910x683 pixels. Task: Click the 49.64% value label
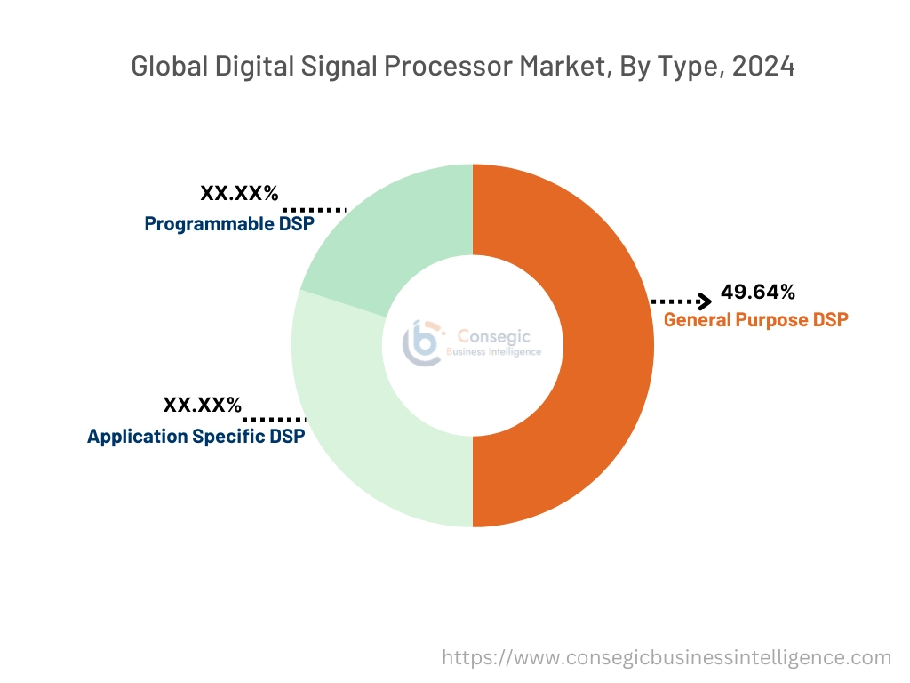click(758, 292)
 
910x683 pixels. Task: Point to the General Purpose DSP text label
click(755, 319)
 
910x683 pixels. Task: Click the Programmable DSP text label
click(229, 223)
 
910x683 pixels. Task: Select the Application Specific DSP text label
click(196, 437)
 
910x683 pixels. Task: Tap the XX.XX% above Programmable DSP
click(239, 193)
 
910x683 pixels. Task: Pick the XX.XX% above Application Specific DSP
click(202, 406)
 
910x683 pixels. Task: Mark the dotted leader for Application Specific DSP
click(275, 418)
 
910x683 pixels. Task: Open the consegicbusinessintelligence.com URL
click(667, 657)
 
